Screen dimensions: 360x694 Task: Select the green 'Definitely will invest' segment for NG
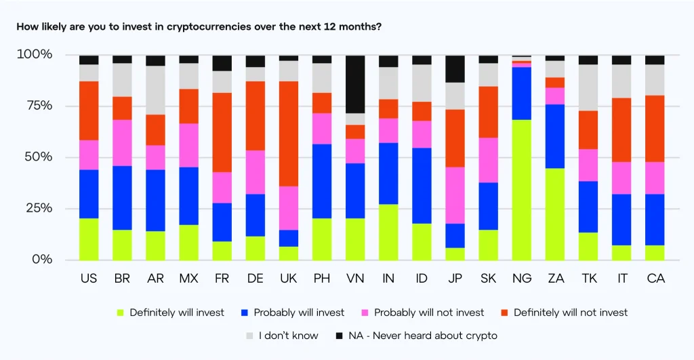521,190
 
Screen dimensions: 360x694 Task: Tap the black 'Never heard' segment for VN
355,84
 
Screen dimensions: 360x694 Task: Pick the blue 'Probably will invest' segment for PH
322,181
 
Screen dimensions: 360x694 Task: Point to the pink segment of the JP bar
455,195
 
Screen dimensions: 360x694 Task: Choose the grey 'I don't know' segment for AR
155,90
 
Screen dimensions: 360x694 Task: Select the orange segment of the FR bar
222,132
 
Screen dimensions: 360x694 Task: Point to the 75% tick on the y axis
35,106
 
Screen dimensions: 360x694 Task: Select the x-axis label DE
256,279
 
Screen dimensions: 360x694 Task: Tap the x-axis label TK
588,279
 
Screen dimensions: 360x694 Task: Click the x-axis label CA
655,279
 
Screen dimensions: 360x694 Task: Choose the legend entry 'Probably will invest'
299,313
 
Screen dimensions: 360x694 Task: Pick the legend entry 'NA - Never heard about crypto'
416,336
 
